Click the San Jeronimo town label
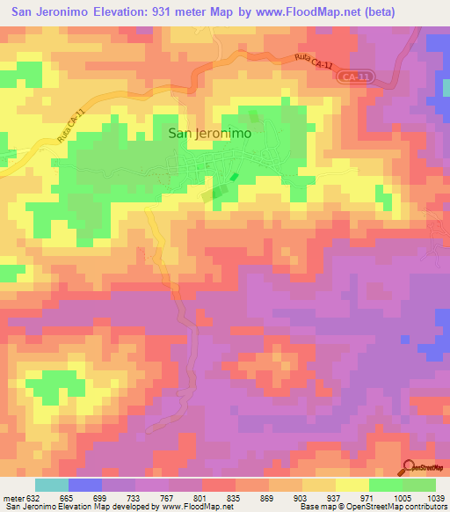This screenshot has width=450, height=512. pyautogui.click(x=209, y=133)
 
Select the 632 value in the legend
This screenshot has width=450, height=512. pyautogui.click(x=28, y=497)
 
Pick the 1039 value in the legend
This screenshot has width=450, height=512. pyautogui.click(x=437, y=497)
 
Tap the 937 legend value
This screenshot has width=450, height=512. pyautogui.click(x=307, y=497)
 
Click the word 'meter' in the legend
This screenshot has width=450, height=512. pyautogui.click(x=10, y=497)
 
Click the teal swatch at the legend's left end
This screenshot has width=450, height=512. pyautogui.click(x=51, y=485)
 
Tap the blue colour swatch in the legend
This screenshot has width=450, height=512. pyautogui.click(x=84, y=485)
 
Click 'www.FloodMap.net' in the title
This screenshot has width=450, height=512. pyautogui.click(x=286, y=12)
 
